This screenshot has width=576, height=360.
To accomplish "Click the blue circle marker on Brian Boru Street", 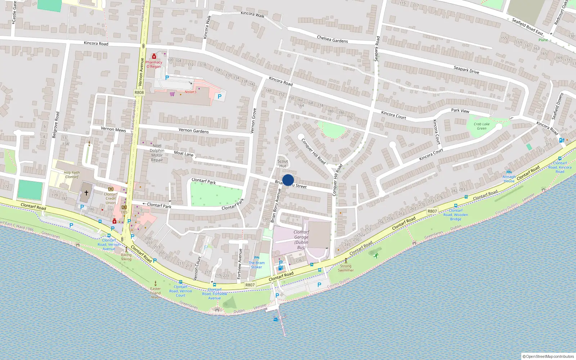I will click(x=288, y=180).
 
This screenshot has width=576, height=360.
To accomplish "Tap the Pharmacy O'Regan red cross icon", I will click(x=154, y=56).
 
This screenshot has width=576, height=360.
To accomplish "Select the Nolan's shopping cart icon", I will click(x=172, y=94).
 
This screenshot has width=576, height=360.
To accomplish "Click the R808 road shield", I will click(x=139, y=93).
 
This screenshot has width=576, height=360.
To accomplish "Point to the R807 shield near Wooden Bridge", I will click(x=432, y=211).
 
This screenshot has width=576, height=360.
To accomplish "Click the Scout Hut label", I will click(x=283, y=163).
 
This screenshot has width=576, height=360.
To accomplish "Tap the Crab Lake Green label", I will click(x=482, y=126).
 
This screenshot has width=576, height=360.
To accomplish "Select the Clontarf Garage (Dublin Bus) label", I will click(x=301, y=240).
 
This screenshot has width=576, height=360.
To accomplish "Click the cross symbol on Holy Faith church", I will click(x=86, y=193).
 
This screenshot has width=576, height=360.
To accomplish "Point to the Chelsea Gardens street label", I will click(x=332, y=39).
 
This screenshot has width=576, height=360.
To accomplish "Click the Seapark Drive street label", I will click(x=466, y=69).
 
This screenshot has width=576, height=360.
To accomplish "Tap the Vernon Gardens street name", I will click(x=194, y=130).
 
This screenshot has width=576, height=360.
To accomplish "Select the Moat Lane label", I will click(x=184, y=153).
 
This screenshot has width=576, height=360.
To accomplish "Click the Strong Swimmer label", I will click(x=346, y=268).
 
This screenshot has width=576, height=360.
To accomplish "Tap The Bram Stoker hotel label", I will click(x=257, y=265).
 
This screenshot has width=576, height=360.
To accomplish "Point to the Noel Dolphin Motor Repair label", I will click(x=157, y=153).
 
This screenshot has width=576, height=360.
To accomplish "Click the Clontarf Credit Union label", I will click(x=111, y=198).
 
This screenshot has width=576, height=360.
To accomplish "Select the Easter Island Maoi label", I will click(x=156, y=293).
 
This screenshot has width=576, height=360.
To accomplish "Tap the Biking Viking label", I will click(x=126, y=257).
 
